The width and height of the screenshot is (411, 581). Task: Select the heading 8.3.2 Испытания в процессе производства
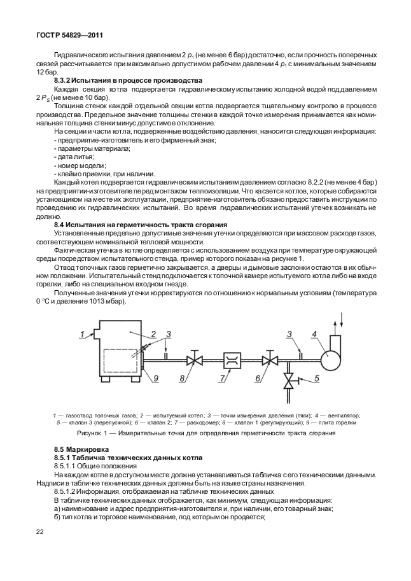tap(128, 81)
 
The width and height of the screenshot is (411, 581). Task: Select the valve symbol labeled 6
tap(271, 361)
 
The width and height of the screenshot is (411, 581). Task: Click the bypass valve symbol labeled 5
tap(290, 381)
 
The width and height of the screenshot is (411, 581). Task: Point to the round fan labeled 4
tap(331, 360)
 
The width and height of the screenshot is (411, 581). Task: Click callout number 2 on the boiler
tap(153, 333)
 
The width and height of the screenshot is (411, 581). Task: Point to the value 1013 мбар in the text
tap(109, 301)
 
